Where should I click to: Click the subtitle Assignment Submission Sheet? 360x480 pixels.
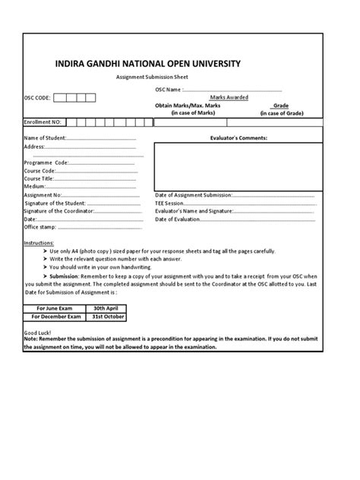pyautogui.click(x=152, y=77)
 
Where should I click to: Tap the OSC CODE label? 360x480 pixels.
pyautogui.click(x=37, y=98)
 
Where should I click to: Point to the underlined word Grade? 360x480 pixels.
pyautogui.click(x=281, y=106)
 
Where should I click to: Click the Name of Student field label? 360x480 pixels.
pyautogui.click(x=46, y=138)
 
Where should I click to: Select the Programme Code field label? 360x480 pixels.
pyautogui.click(x=46, y=163)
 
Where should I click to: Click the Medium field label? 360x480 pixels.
pyautogui.click(x=35, y=186)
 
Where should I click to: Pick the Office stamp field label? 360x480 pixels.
pyautogui.click(x=40, y=226)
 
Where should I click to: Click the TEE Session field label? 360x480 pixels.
pyautogui.click(x=169, y=203)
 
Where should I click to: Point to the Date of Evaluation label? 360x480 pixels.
pyautogui.click(x=178, y=219)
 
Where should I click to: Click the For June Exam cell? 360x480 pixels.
pyautogui.click(x=54, y=308)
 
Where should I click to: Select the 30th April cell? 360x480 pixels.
pyautogui.click(x=106, y=308)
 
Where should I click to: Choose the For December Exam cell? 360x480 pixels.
pyautogui.click(x=54, y=316)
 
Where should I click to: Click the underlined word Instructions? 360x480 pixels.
pyautogui.click(x=39, y=242)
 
